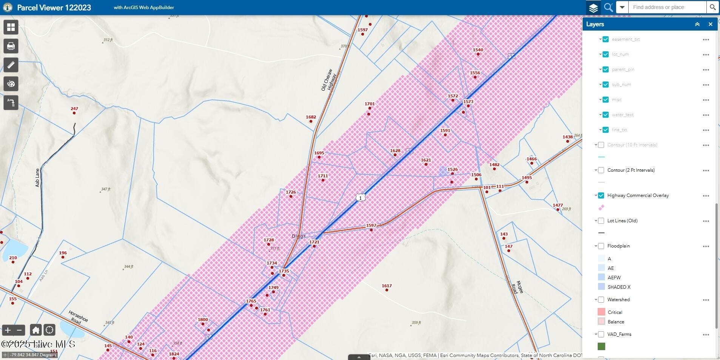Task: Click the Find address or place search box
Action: click(667, 7)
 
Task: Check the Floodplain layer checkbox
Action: click(601, 246)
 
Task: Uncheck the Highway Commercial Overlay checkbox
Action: click(601, 195)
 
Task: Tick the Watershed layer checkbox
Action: click(601, 300)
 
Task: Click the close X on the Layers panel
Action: click(710, 24)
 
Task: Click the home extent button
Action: click(36, 330)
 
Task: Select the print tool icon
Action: click(11, 46)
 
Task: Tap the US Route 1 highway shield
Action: click(361, 198)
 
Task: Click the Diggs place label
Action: click(299, 236)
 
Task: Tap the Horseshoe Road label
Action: click(78, 317)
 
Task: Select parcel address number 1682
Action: click(311, 117)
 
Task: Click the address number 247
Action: click(74, 109)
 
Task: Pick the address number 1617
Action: click(387, 286)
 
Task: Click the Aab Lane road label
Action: click(37, 177)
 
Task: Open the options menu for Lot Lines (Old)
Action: click(706, 221)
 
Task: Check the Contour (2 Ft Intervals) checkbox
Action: click(601, 170)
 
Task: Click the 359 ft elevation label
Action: click(416, 323)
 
